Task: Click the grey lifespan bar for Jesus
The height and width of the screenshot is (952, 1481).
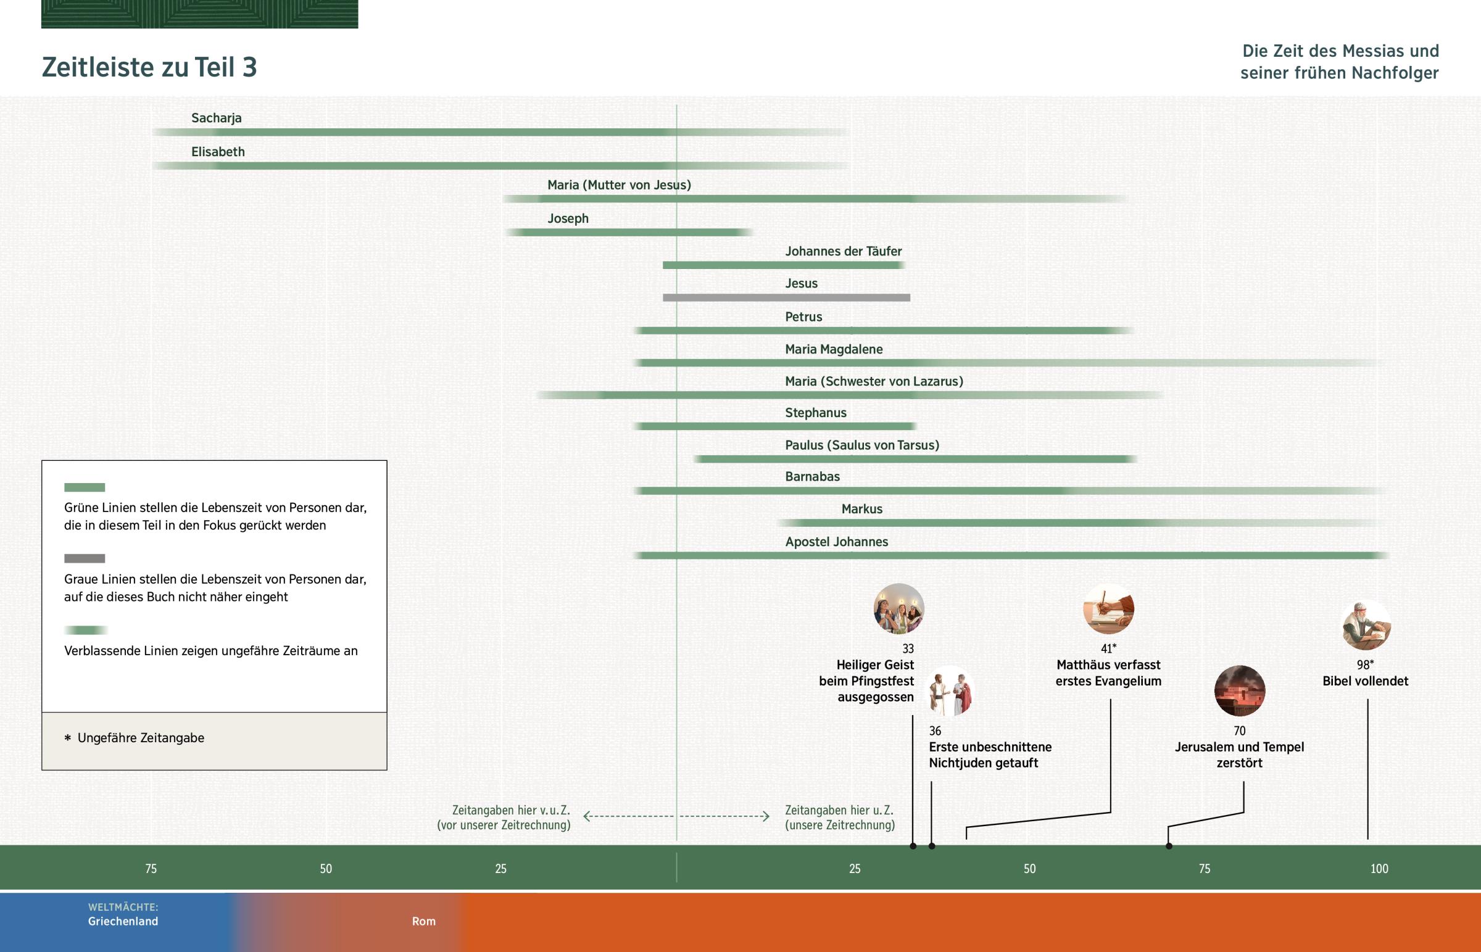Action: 786,298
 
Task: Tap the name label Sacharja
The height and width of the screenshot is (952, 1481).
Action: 217,118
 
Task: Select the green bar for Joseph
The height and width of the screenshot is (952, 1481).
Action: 628,233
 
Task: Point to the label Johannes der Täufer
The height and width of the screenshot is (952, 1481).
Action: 843,252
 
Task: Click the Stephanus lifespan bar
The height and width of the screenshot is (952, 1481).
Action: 776,426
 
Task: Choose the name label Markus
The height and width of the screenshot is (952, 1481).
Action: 861,510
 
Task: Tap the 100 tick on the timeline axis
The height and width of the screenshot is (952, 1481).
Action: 1379,869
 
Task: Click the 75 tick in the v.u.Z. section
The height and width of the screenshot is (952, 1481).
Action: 151,869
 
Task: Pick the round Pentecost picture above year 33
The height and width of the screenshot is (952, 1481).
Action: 898,609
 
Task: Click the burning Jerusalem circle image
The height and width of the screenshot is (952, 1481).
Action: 1239,691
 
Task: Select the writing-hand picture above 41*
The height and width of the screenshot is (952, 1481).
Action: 1108,609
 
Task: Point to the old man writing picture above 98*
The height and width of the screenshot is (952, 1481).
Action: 1366,625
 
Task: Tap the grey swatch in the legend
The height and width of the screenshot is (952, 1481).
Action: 85,559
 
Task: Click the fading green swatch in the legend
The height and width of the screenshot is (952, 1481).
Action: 86,631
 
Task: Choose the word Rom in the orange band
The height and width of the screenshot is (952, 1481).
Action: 424,922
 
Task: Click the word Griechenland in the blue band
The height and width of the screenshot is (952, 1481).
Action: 123,922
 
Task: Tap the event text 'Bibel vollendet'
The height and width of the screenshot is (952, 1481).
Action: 1366,681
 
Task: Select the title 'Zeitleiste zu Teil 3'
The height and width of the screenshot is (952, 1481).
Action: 149,67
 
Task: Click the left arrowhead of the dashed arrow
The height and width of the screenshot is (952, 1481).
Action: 587,817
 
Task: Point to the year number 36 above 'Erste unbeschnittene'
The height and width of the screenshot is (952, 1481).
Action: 935,731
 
